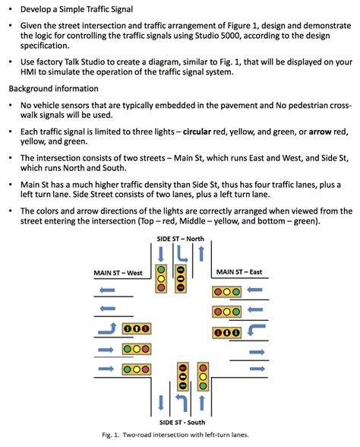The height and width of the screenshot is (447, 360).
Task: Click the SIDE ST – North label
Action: [179, 239]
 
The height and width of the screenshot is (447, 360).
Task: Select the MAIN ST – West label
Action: [118, 272]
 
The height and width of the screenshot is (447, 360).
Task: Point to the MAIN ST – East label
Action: [239, 272]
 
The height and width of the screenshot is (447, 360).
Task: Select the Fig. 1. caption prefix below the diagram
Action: [115, 436]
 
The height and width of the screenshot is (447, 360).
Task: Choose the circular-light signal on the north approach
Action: [161, 280]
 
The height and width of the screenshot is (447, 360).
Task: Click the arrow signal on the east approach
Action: [227, 332]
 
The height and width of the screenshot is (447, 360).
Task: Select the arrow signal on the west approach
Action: [137, 329]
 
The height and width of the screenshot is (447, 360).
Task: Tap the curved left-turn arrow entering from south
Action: [182, 404]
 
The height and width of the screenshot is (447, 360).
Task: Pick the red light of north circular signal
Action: [161, 270]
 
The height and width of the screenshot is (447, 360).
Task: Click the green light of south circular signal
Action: [203, 387]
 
